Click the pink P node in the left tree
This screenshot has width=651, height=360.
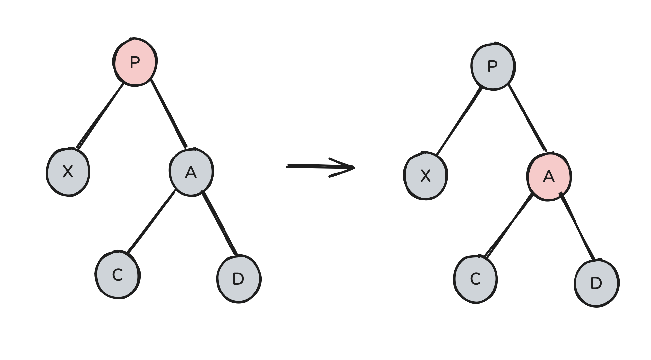tap(135, 62)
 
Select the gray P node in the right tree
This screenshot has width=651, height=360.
tap(493, 66)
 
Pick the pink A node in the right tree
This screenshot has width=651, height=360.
tap(549, 177)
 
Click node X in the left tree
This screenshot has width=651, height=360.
tap(68, 172)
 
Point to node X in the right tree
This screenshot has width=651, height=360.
tap(426, 176)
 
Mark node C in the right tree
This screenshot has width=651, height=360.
tap(475, 279)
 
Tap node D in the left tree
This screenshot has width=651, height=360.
tap(238, 279)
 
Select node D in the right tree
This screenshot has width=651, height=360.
tap(596, 283)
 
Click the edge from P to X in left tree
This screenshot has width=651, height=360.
tap(100, 115)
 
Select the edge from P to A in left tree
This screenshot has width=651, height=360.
tap(169, 113)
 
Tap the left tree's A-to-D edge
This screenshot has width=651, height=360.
tap(219, 223)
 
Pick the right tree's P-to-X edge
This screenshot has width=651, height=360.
tap(459, 121)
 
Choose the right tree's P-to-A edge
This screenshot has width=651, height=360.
tap(527, 118)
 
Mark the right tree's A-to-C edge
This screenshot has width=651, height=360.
tap(508, 226)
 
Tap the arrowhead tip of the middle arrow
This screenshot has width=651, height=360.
tap(354, 168)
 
